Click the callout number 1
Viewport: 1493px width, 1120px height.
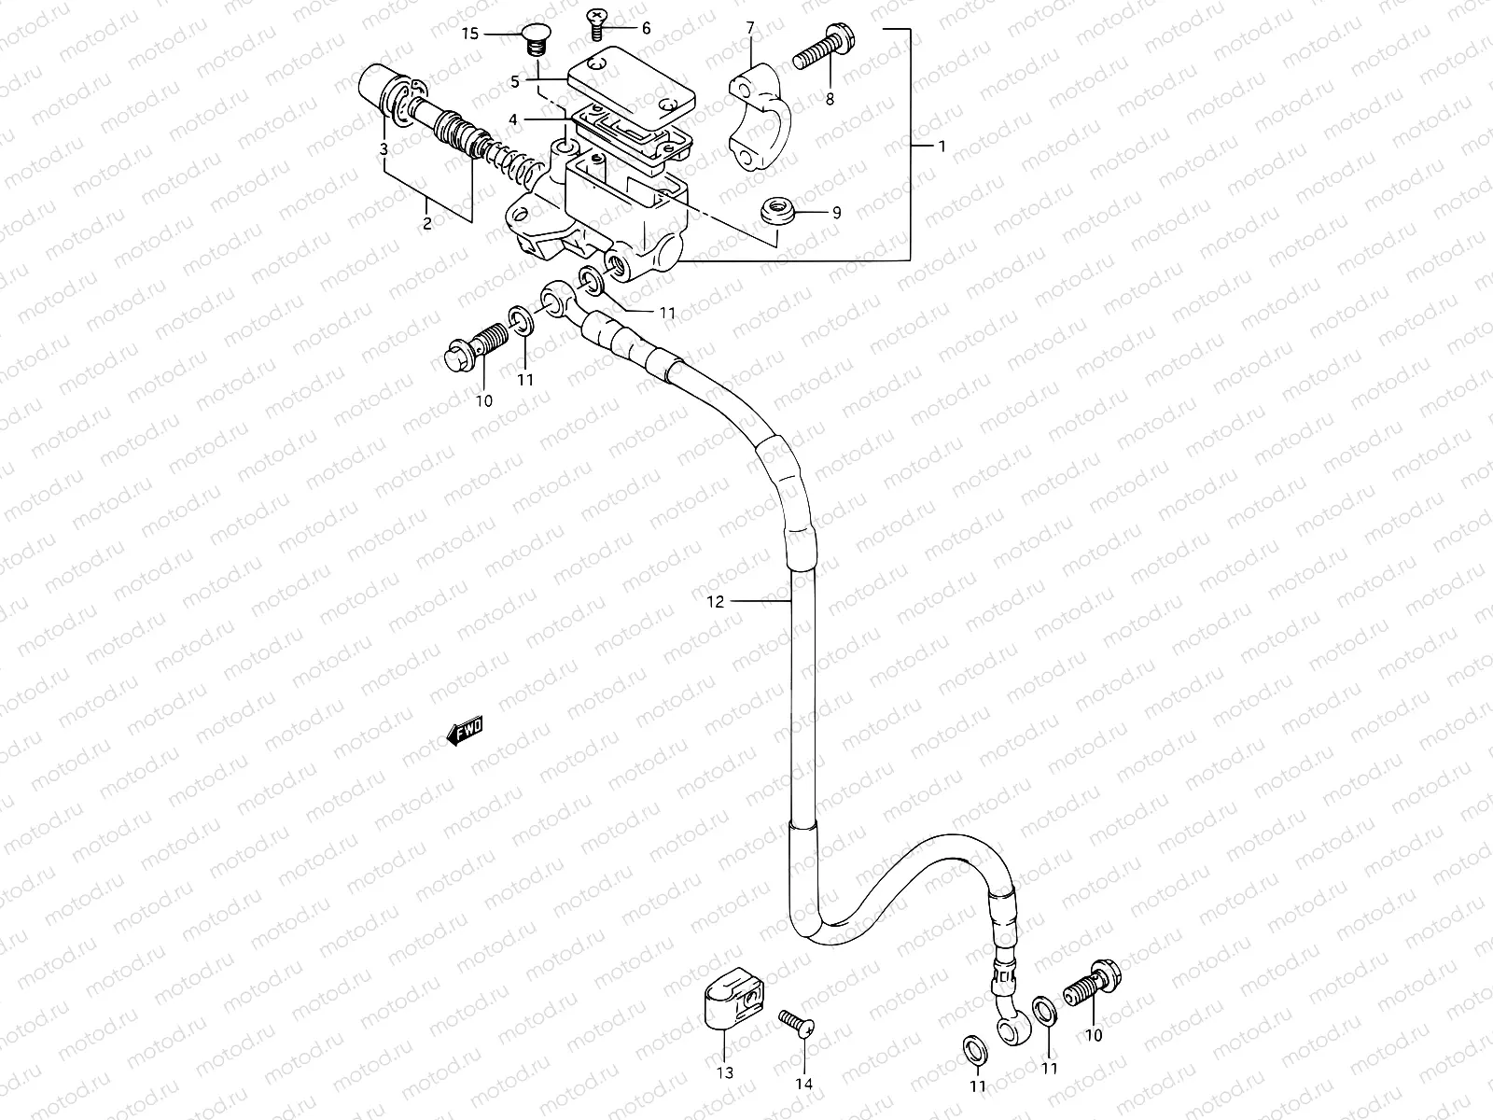[x=942, y=147]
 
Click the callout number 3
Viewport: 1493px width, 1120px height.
[x=383, y=149]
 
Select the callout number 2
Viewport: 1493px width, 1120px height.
[x=427, y=223]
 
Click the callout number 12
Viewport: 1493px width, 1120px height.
[x=715, y=602]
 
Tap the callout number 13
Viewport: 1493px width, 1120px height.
[x=725, y=1072]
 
